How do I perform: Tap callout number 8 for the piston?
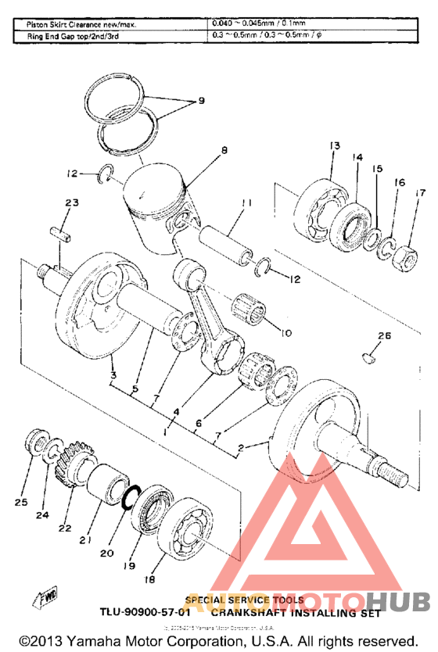coord(224,150)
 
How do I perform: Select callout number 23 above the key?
coord(72,203)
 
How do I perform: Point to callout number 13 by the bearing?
coord(334,146)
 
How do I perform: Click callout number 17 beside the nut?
coord(420,192)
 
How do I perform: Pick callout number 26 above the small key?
coord(382,336)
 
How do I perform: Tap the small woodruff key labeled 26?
coord(368,358)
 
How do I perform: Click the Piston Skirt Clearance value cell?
coord(266,24)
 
